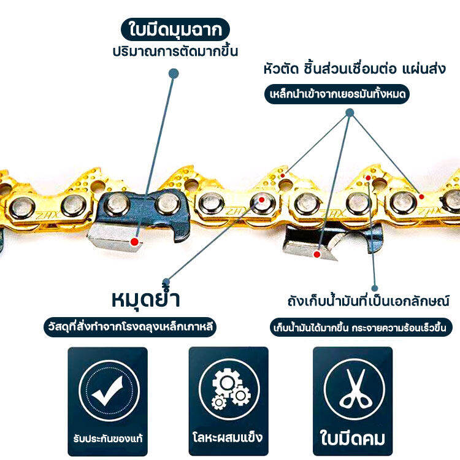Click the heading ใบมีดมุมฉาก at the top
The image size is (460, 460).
pos(175,29)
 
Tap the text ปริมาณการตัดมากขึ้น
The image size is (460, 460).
pos(175,52)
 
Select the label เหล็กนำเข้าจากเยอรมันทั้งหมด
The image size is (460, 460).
pos(337,94)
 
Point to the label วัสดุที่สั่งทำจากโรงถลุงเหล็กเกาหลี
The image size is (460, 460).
pos(130,327)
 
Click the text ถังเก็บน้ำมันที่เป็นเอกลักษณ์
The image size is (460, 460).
pos(368,301)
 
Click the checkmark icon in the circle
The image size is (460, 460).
pos(109,391)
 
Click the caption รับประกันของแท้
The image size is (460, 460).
pos(108,439)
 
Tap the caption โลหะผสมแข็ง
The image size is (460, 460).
pos(228,437)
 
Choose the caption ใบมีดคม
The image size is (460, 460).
pos(352,438)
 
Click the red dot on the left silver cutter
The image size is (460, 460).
pos(135,242)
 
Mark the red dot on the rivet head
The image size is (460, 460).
pos(262,200)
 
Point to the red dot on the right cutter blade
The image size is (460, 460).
pos(317,255)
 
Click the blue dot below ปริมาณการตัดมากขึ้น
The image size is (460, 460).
pos(174,74)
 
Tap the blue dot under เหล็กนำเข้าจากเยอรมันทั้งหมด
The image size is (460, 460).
pos(350,113)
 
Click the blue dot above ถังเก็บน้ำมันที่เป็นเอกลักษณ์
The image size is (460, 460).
pos(374,288)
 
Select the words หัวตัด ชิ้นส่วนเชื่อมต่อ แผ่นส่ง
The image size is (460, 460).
pos(355,69)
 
